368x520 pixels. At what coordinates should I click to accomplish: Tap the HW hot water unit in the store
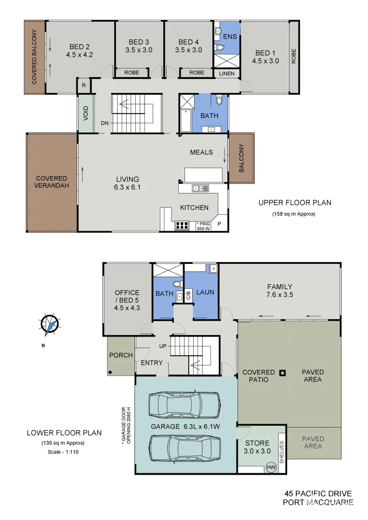click(x=272, y=467)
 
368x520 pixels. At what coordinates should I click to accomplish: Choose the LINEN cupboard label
click(x=226, y=74)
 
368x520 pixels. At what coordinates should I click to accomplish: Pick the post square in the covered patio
click(x=283, y=372)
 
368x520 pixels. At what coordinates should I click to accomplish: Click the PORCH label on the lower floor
click(x=121, y=355)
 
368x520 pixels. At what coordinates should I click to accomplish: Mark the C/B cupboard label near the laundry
click(x=188, y=296)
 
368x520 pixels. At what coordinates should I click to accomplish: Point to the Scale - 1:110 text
click(x=64, y=452)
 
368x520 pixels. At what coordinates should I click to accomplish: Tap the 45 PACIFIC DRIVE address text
click(x=318, y=494)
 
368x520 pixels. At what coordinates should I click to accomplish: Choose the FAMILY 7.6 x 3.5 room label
click(x=280, y=291)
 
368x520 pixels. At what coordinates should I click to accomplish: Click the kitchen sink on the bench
click(x=200, y=188)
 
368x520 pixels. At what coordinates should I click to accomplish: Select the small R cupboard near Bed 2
click(x=84, y=86)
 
